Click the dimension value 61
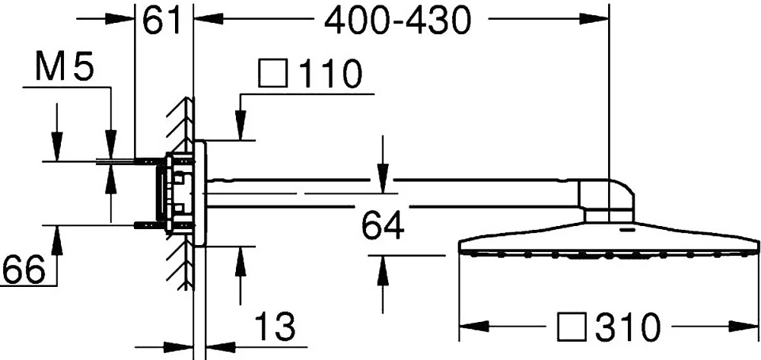(x=161, y=21)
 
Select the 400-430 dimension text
(x=398, y=21)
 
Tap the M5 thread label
(x=64, y=67)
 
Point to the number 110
(x=330, y=74)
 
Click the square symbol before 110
(x=274, y=74)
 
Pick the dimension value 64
(x=383, y=225)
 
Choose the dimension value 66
(x=24, y=269)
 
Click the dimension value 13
(x=275, y=326)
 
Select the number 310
(x=628, y=326)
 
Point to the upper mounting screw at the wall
(x=151, y=159)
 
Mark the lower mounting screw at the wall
(x=151, y=225)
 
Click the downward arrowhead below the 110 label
(x=240, y=126)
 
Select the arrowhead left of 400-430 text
(x=209, y=18)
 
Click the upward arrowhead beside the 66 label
(x=57, y=240)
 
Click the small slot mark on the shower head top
(x=628, y=228)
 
